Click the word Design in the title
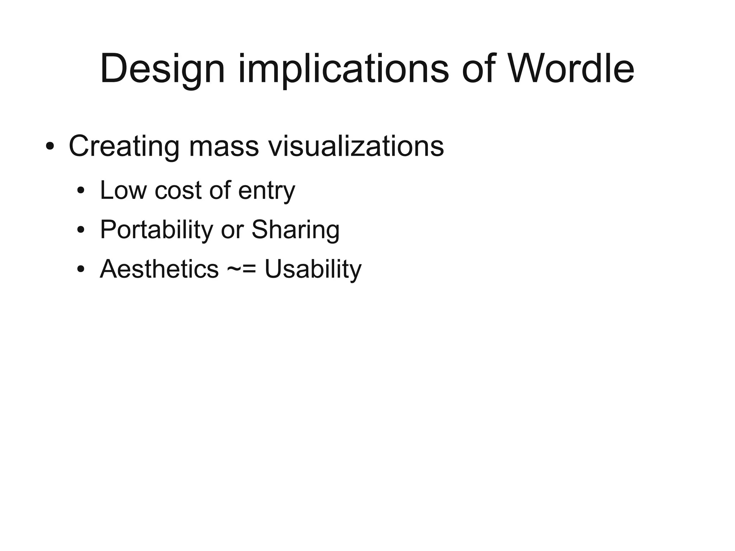[162, 69]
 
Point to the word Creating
[124, 146]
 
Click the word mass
[224, 146]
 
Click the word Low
[123, 190]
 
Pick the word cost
[178, 190]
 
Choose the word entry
[266, 191]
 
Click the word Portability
[156, 230]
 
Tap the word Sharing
[295, 230]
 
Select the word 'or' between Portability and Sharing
[232, 230]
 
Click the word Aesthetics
[159, 269]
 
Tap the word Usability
[313, 269]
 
